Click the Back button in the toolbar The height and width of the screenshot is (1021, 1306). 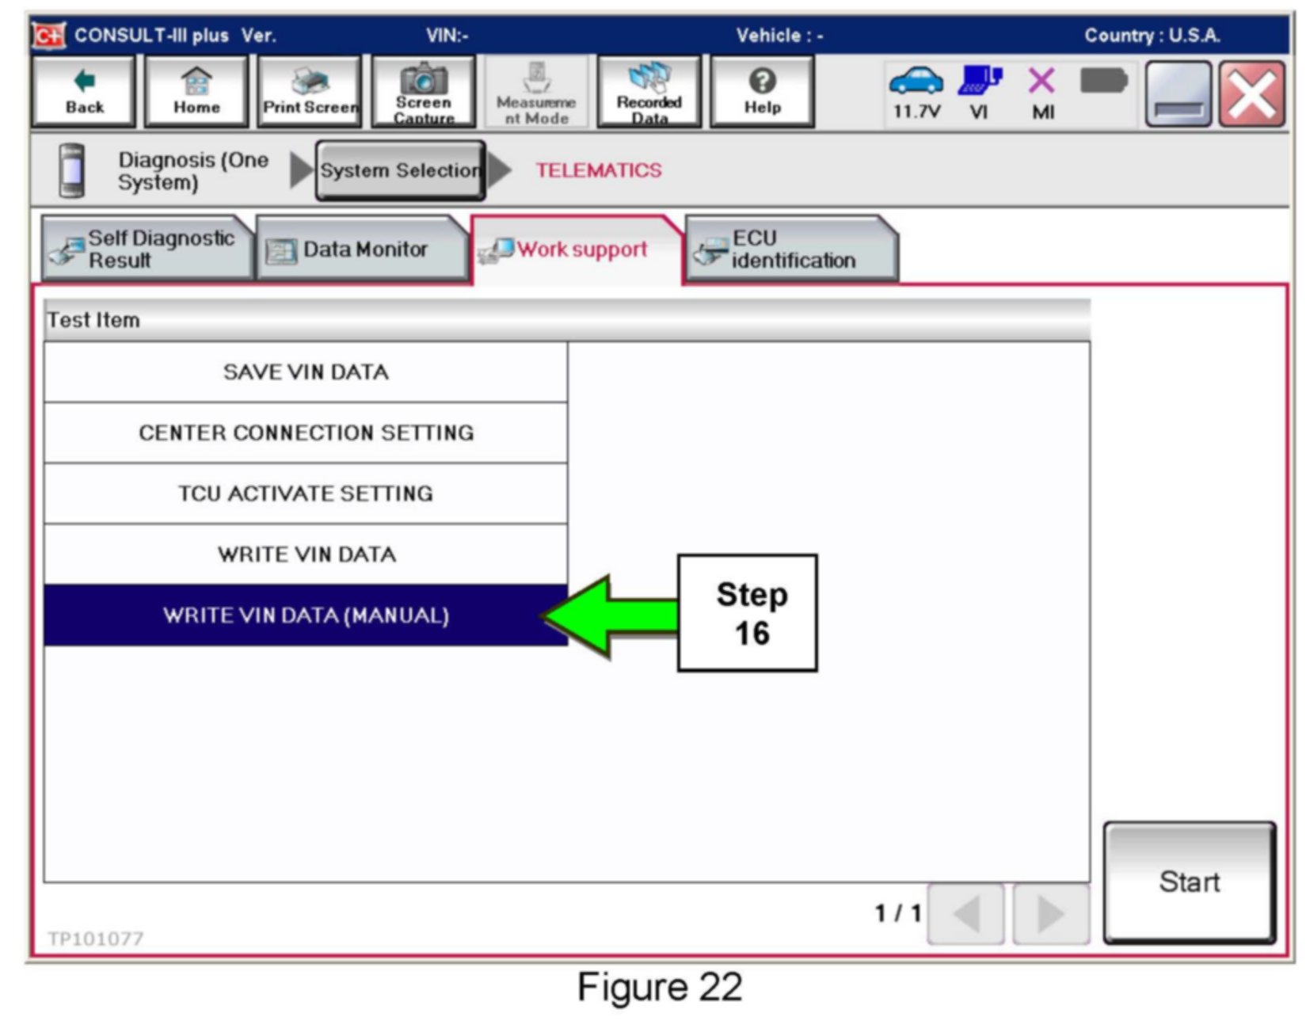pyautogui.click(x=84, y=92)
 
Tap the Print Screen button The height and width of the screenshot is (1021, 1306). pyautogui.click(x=310, y=92)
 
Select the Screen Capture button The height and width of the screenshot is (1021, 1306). pyautogui.click(x=423, y=92)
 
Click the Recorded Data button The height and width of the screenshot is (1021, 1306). pyautogui.click(x=649, y=92)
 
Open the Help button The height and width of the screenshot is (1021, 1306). pyautogui.click(x=762, y=92)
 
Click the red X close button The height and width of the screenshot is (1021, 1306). pyautogui.click(x=1251, y=94)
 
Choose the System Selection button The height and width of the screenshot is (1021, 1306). pyautogui.click(x=400, y=170)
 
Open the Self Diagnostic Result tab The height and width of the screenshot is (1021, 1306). pyautogui.click(x=147, y=250)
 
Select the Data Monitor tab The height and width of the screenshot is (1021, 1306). pyautogui.click(x=362, y=250)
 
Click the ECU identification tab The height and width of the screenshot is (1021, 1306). pyautogui.click(x=790, y=250)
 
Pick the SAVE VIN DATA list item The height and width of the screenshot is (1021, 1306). pyautogui.click(x=306, y=372)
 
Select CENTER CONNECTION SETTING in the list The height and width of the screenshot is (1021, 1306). pyautogui.click(x=306, y=433)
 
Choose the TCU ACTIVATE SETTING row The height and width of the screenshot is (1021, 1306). pyautogui.click(x=306, y=494)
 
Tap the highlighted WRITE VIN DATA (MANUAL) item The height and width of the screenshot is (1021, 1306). pyautogui.click(x=306, y=615)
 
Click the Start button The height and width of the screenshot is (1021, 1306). pyautogui.click(x=1189, y=882)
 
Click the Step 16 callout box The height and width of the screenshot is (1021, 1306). pyautogui.click(x=748, y=614)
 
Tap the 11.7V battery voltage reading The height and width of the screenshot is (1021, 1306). pyautogui.click(x=916, y=112)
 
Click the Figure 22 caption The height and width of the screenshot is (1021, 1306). pyautogui.click(x=660, y=988)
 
